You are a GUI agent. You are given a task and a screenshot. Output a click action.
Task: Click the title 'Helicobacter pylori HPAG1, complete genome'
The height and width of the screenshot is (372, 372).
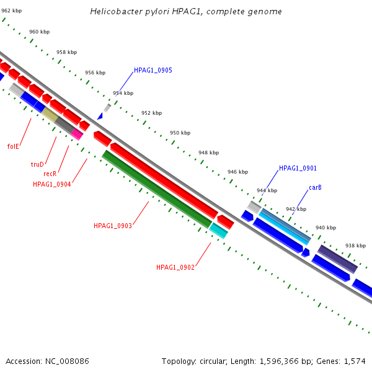pos(186,12)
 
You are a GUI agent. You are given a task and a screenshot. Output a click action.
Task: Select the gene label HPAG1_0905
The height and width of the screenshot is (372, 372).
pos(153,71)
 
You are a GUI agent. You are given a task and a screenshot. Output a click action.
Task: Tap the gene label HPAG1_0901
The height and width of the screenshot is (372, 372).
pos(298,168)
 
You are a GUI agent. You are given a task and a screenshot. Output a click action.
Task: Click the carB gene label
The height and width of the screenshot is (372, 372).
pos(315,187)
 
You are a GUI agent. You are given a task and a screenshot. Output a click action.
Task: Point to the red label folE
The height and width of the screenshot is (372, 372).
pos(13,146)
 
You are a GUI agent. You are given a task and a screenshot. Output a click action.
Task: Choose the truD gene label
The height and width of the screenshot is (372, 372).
pos(37,164)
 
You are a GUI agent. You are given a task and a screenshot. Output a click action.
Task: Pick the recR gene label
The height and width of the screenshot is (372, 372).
pos(50,174)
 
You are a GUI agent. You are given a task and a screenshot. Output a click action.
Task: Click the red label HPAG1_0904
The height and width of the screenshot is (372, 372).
pos(51,184)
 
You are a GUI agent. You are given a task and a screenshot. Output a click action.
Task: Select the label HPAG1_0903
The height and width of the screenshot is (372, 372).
pos(112,226)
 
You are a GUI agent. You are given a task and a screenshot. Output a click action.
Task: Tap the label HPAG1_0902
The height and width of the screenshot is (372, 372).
pos(175,267)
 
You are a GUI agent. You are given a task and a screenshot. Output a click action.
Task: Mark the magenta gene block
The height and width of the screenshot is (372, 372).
pos(77,133)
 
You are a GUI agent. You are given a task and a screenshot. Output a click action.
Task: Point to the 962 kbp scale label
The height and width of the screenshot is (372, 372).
pos(11,11)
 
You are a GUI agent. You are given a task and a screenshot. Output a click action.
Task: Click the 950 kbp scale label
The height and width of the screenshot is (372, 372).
pos(180,133)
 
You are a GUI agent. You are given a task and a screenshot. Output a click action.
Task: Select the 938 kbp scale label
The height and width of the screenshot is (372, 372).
pos(355,246)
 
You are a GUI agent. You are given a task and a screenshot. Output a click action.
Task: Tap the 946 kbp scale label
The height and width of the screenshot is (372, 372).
pos(237,172)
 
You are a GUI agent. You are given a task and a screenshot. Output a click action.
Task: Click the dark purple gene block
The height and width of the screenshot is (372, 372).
pos(337,259)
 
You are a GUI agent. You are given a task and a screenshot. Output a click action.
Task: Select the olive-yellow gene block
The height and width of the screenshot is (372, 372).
pos(50,115)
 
